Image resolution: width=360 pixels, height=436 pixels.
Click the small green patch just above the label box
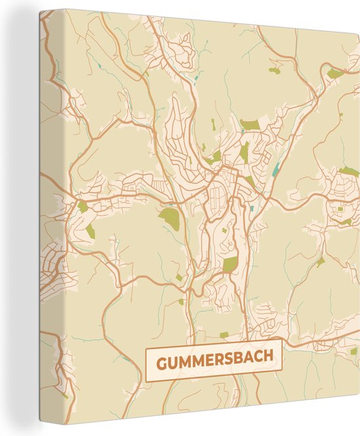click(x=224, y=335)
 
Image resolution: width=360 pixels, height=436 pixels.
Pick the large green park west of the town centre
click(x=170, y=219)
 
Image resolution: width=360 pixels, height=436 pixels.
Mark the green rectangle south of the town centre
click(x=230, y=264)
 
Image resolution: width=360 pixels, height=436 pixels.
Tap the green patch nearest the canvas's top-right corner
click(x=335, y=73)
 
